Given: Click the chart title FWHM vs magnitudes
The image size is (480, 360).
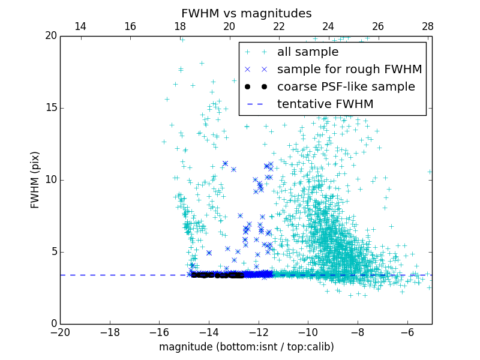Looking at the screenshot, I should click(x=246, y=13).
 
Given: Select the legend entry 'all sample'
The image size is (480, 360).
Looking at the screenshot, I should click(x=308, y=52).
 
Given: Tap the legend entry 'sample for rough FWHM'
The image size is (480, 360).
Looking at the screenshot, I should click(x=349, y=70).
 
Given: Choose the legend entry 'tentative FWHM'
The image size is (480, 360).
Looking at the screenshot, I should click(x=325, y=104).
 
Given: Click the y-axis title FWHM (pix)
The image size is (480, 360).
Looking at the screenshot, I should click(x=35, y=180).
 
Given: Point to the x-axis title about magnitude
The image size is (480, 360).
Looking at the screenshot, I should click(x=246, y=347).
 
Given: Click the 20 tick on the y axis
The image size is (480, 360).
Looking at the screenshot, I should click(x=50, y=36).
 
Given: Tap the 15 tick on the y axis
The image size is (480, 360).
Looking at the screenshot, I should click(x=50, y=108).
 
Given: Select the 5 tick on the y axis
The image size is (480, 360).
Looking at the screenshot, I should click(x=53, y=252).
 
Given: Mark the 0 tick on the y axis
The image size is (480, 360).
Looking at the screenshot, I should click(x=53, y=324).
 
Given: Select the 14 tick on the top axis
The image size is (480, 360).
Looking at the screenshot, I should click(x=80, y=27).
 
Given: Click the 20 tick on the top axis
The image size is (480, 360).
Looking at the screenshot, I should click(x=229, y=27).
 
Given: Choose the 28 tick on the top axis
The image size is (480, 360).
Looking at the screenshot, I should click(x=428, y=27).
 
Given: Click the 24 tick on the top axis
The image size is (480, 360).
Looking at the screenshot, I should click(x=328, y=27).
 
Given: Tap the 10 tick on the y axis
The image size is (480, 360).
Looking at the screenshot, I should click(x=50, y=180).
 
